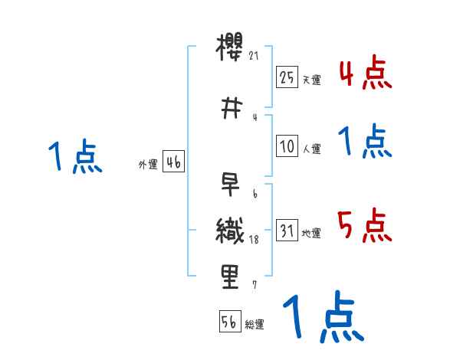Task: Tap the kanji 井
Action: click(x=230, y=107)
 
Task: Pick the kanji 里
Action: click(x=230, y=277)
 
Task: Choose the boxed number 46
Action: click(x=173, y=162)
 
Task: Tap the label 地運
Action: click(x=311, y=234)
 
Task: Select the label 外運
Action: click(x=148, y=165)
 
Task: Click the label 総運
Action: click(x=255, y=325)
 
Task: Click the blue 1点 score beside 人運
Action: click(x=364, y=142)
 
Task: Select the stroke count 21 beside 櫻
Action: click(x=255, y=55)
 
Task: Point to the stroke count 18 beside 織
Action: click(x=255, y=240)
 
